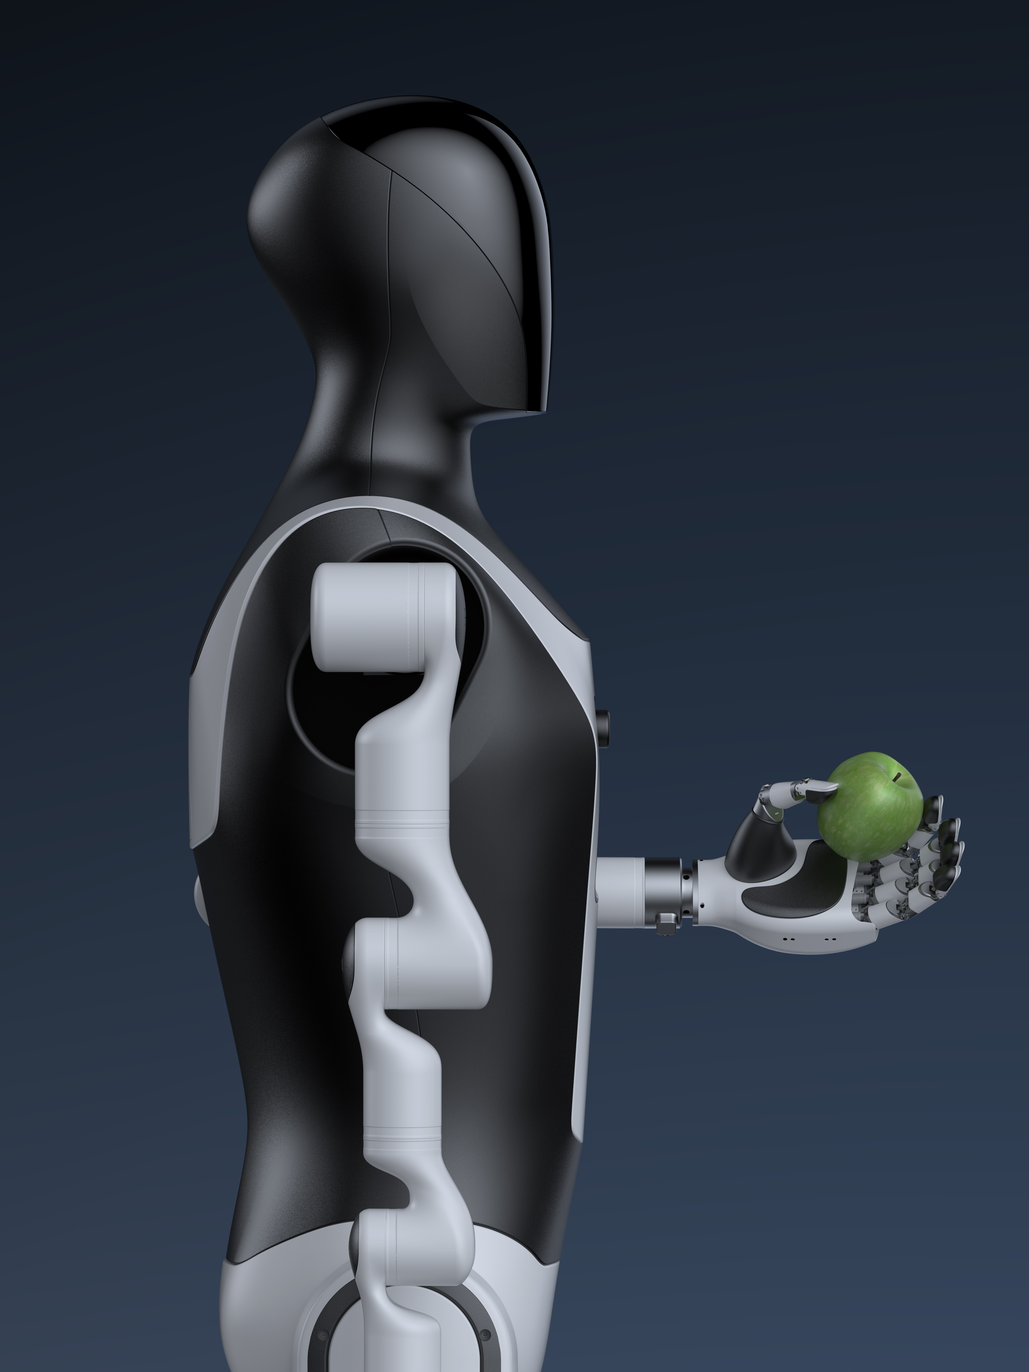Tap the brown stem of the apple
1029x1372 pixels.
[897, 777]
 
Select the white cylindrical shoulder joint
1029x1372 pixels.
[385, 617]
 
